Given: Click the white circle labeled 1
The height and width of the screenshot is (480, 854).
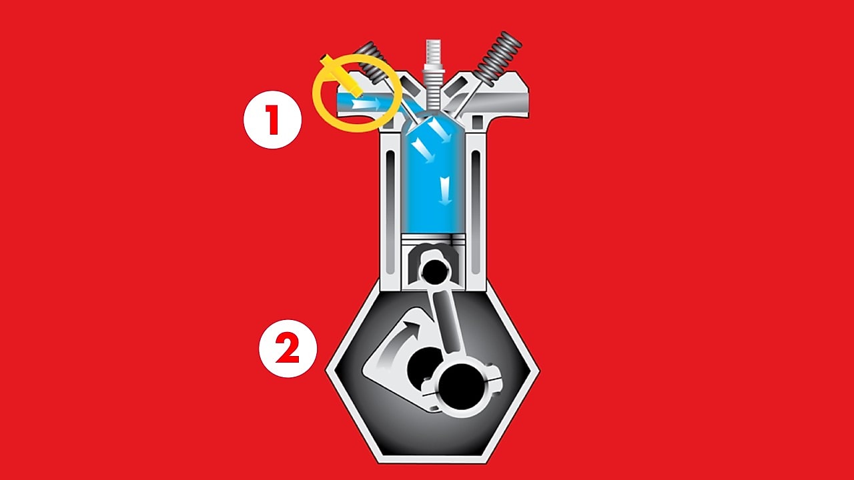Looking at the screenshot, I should point(272,119).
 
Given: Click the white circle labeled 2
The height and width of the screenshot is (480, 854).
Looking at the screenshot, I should point(288,349).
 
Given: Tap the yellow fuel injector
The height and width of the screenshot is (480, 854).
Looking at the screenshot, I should point(338,75).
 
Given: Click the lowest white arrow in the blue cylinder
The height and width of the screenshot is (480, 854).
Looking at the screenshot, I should point(446,193).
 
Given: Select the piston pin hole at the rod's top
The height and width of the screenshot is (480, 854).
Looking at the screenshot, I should point(435,270).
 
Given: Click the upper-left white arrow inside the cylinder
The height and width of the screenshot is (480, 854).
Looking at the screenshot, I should point(420,144).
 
